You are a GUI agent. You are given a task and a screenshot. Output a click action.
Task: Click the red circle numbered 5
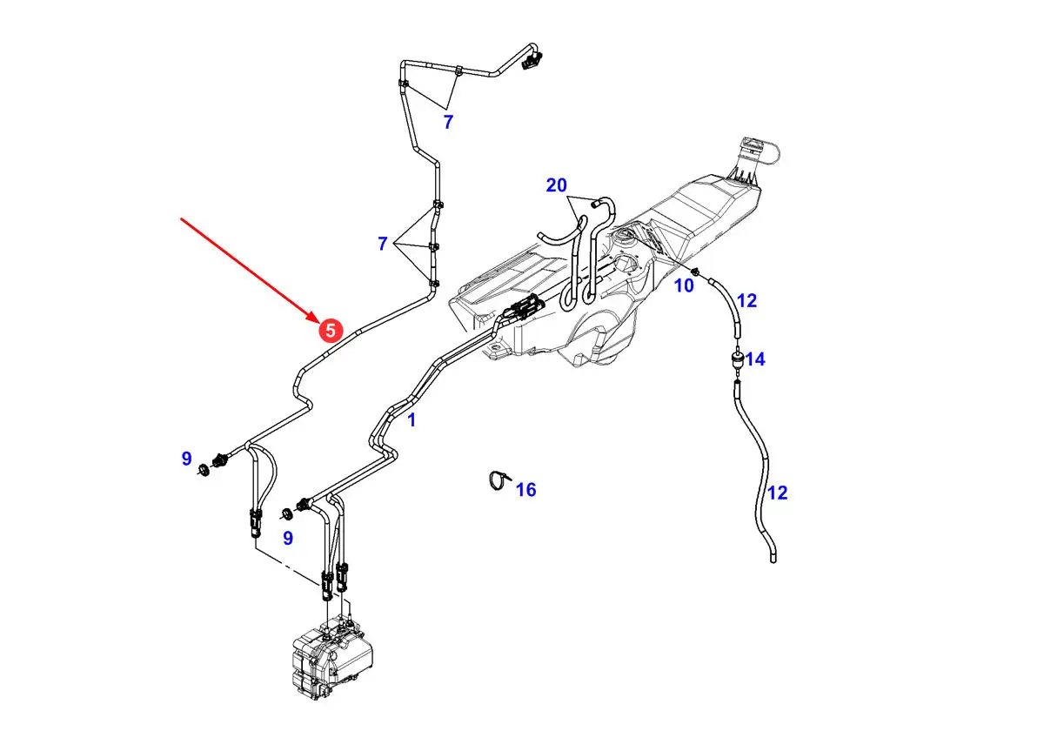(330, 330)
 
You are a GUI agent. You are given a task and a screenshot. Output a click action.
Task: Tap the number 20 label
(556, 185)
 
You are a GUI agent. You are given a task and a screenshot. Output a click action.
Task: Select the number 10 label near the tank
(685, 285)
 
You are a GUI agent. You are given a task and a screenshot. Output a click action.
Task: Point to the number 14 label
(754, 359)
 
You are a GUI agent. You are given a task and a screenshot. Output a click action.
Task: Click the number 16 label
(525, 490)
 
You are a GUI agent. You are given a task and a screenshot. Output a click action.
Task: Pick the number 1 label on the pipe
(412, 420)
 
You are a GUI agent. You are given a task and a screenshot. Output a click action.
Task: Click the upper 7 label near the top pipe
(448, 123)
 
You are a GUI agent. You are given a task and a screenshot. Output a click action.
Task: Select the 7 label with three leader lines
(382, 245)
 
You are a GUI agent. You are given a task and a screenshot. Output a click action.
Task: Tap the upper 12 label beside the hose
(746, 301)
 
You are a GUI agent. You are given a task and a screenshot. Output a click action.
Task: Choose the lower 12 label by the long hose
(777, 493)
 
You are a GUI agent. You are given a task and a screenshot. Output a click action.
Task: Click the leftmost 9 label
(186, 459)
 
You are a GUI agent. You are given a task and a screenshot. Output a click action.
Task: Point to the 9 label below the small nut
(287, 538)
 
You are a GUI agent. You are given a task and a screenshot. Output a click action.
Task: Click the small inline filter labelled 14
(737, 359)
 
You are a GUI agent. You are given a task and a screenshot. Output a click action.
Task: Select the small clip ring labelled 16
(497, 480)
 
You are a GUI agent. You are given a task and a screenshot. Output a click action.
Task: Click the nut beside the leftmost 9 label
(204, 470)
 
